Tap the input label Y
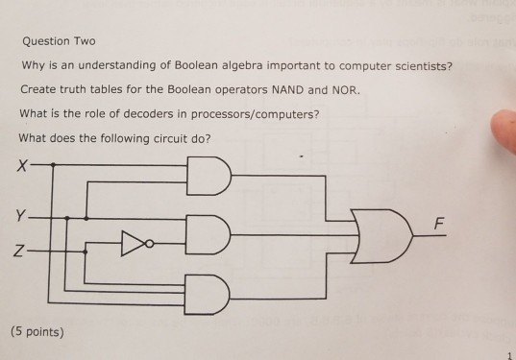[x=20, y=214]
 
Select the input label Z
[x=20, y=252]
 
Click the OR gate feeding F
[x=380, y=233]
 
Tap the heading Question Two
[x=58, y=43]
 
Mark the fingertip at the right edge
[x=504, y=133]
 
